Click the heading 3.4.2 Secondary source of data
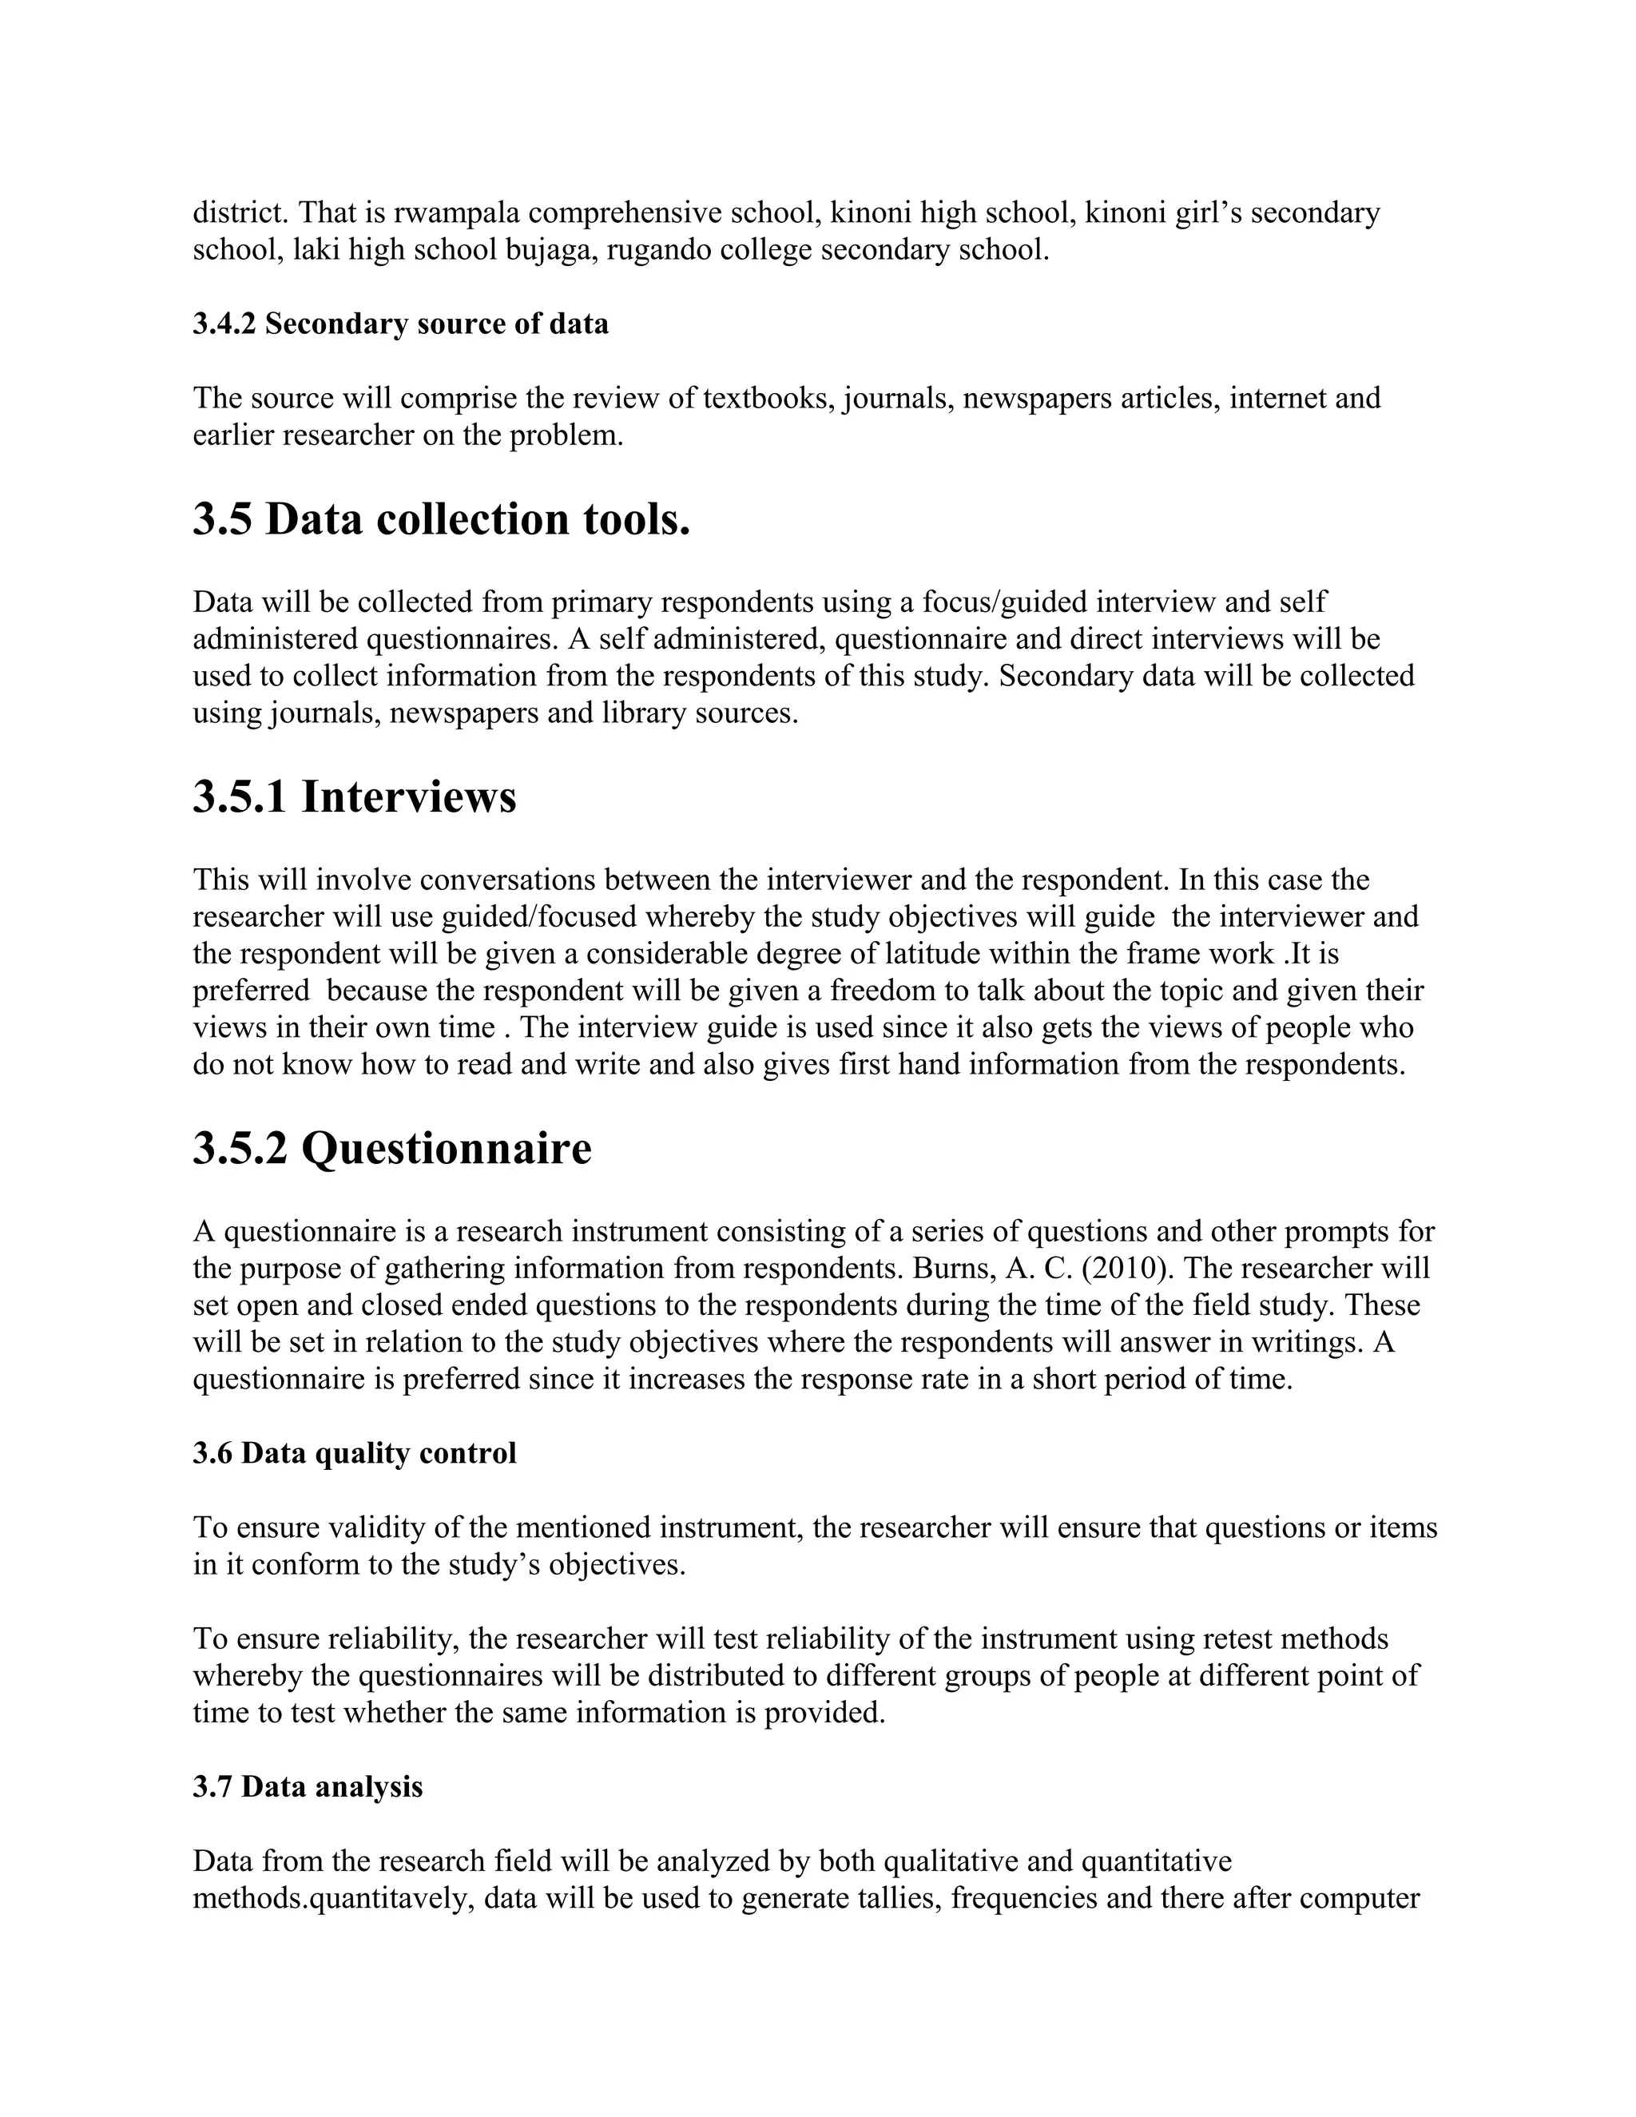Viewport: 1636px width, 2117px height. (x=400, y=324)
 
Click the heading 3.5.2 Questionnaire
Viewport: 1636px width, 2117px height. (x=391, y=1149)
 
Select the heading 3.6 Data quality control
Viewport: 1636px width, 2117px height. (x=355, y=1453)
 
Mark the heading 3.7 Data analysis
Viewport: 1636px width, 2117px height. (x=308, y=1786)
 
